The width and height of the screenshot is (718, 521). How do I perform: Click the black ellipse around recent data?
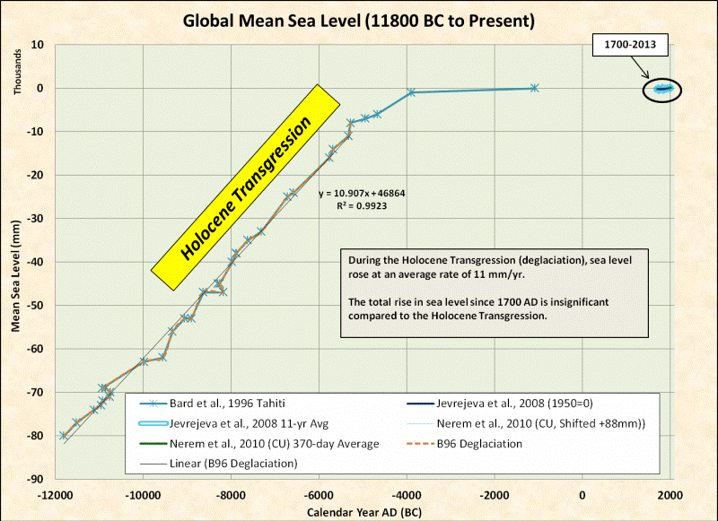pyautogui.click(x=662, y=89)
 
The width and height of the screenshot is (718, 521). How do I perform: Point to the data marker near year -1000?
pyautogui.click(x=534, y=88)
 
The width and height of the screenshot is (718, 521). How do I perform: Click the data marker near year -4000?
pyautogui.click(x=411, y=92)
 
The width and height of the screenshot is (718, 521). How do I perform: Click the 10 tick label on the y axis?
pyautogui.click(x=39, y=44)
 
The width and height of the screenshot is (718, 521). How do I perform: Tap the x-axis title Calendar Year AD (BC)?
pyautogui.click(x=364, y=510)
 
